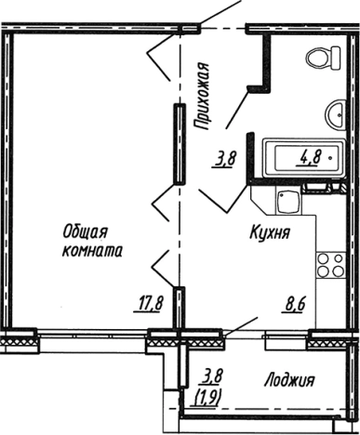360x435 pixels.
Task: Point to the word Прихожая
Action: [200, 93]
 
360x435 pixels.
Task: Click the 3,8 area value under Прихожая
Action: [224, 159]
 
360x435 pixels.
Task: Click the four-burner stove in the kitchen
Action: [327, 266]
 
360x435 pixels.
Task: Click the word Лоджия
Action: [288, 380]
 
